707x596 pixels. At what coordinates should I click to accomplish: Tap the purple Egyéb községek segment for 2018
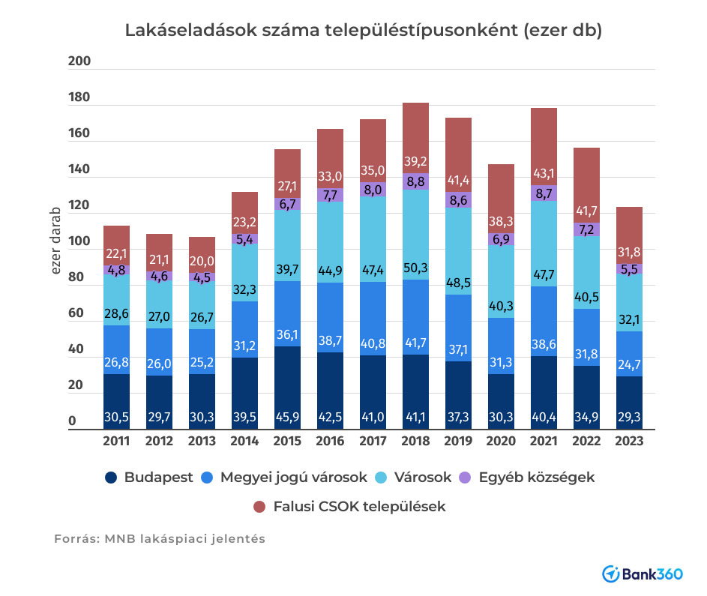coord(415,181)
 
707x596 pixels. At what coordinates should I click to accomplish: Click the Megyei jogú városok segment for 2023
coord(629,354)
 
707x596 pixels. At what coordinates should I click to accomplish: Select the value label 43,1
coord(544,173)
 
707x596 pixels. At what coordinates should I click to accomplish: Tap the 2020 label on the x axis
coord(501,442)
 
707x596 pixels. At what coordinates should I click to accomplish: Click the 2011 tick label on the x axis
coord(116,442)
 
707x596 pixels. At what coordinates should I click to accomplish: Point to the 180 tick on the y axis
coord(79,98)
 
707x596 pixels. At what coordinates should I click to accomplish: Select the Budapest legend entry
coord(149,478)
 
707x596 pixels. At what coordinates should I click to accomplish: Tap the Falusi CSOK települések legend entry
coord(349,507)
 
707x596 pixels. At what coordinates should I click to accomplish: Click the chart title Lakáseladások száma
coord(364,31)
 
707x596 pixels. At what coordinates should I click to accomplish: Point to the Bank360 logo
coord(643,574)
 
